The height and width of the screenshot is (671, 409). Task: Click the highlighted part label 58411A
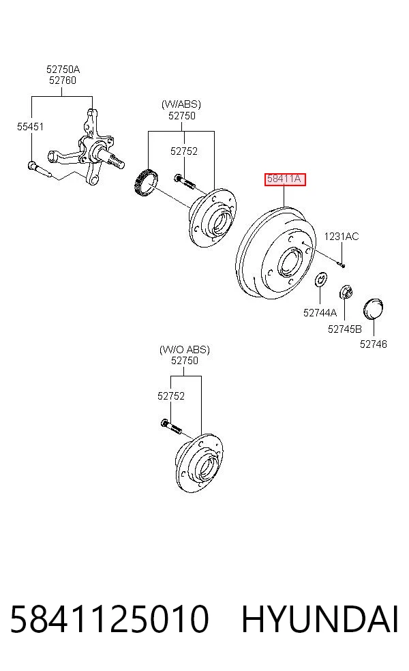[x=284, y=179]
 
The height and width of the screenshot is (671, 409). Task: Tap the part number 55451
[x=31, y=126]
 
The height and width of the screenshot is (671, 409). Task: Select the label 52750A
[x=63, y=69]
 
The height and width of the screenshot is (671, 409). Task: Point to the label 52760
[x=63, y=80]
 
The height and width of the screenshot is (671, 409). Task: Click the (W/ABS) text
[x=181, y=104]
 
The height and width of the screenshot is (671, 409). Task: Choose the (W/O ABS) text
[x=185, y=349]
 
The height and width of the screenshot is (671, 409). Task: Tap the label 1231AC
[x=342, y=236]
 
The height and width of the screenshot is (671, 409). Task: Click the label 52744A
[x=320, y=313]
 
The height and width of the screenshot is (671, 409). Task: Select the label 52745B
[x=344, y=329]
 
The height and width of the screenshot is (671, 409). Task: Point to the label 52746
[x=373, y=344]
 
